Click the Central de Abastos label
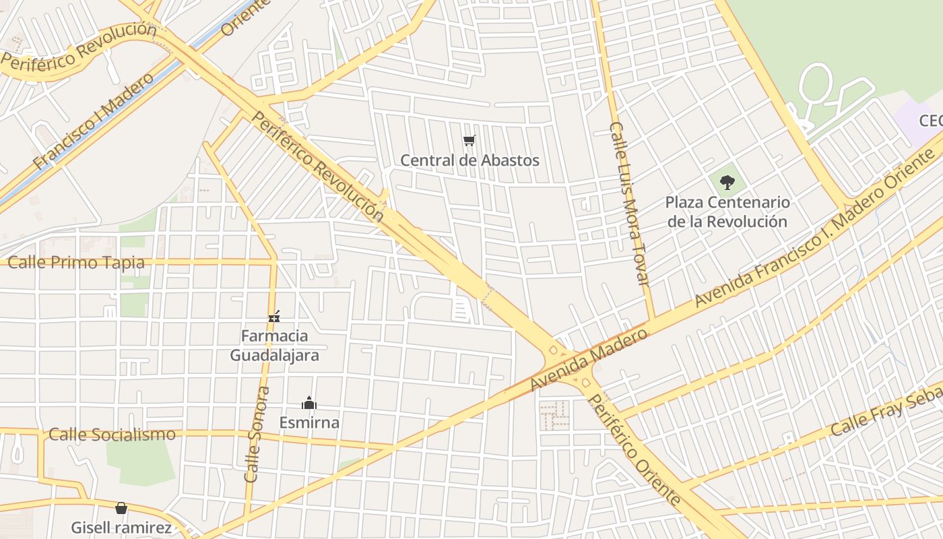469,160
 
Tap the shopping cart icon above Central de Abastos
469,141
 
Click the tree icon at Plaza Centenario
727,182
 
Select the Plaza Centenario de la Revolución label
727,212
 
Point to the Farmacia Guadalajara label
274,345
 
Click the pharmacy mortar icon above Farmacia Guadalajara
274,315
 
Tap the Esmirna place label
309,423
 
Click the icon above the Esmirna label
309,404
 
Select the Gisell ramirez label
121,528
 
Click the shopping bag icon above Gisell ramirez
121,508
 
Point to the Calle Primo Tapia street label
76,263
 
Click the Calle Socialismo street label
112,435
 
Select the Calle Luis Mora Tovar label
630,203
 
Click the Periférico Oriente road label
634,449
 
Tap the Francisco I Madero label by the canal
93,121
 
